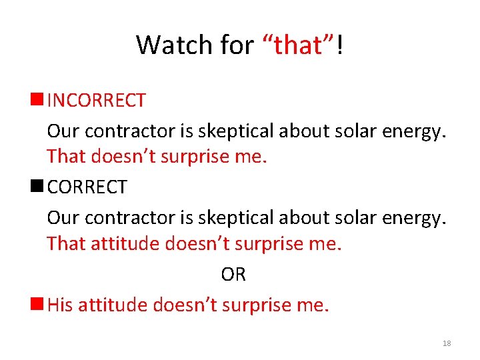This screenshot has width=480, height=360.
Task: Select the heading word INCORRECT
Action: (x=97, y=101)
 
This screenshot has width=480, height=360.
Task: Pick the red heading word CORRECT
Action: (x=87, y=188)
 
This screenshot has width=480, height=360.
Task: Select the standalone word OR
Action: (x=233, y=275)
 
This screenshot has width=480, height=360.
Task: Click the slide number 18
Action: (x=447, y=343)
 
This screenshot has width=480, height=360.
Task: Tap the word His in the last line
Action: (x=60, y=305)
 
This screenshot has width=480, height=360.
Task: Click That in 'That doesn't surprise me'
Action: (x=66, y=157)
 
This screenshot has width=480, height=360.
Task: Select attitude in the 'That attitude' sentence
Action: (x=125, y=244)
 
